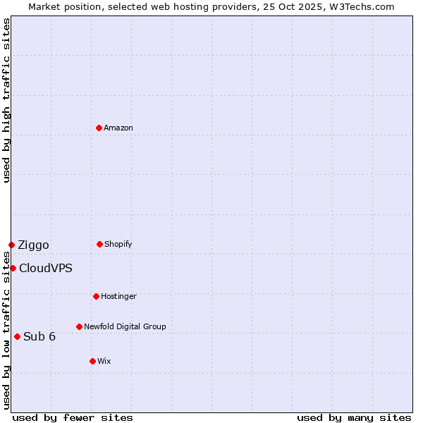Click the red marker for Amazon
99,128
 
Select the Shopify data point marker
99,244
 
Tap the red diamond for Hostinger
96,296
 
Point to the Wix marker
92,361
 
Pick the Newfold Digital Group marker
79,326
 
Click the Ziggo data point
11,245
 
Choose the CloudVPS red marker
13,268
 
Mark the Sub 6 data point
17,336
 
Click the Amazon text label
118,128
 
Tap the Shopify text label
118,244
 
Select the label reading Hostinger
118,296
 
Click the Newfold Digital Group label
125,326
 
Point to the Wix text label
104,361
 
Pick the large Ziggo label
33,245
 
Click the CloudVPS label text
45,269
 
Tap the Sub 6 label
39,336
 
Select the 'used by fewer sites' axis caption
73,417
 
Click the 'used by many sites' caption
354,417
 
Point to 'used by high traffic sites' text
6,100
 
